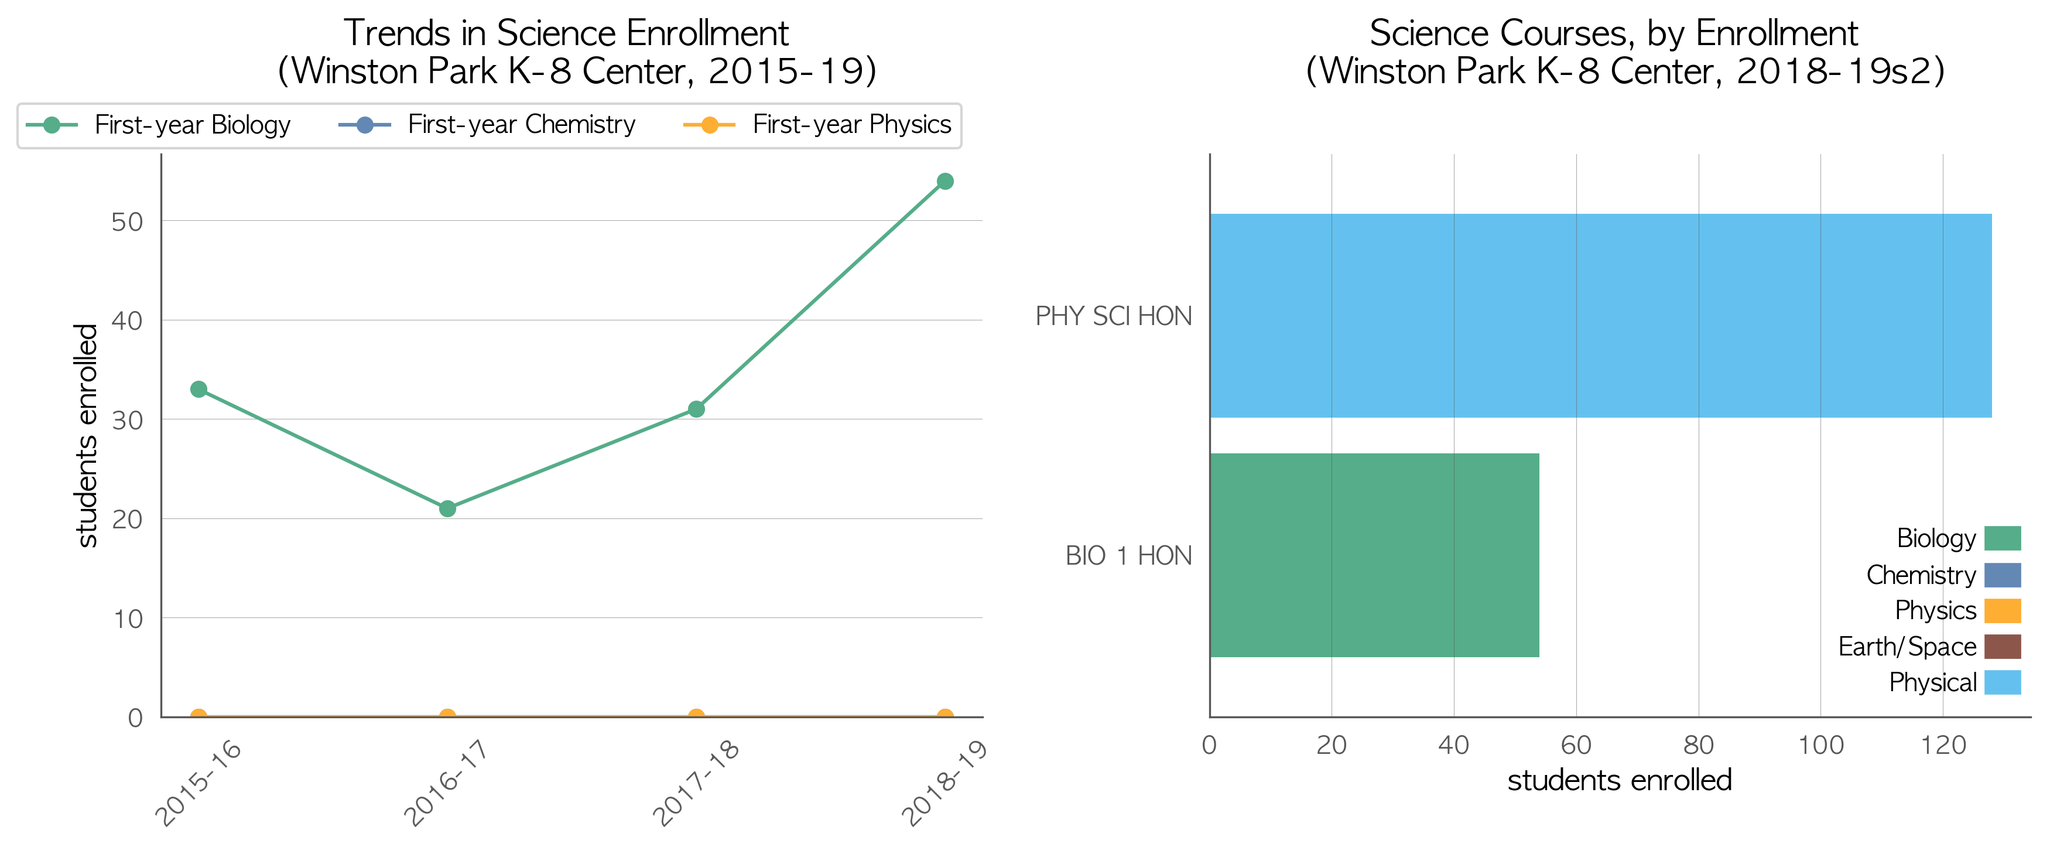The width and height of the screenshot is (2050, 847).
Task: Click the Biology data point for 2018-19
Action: [x=944, y=182]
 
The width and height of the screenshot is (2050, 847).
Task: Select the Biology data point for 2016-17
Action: [x=447, y=508]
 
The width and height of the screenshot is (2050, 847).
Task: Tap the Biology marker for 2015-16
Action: [x=199, y=390]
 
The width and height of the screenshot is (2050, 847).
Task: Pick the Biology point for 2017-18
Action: [x=696, y=409]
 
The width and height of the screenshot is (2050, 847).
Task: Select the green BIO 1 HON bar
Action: [x=1374, y=555]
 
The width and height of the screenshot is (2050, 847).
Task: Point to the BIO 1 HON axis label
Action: [x=1128, y=556]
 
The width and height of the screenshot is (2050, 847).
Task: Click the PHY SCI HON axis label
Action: [x=1113, y=316]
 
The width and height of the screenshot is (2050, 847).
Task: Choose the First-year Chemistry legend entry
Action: [x=487, y=125]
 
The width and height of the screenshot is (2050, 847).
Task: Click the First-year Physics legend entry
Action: [x=817, y=125]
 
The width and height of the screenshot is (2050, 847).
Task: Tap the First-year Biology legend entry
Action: [x=158, y=125]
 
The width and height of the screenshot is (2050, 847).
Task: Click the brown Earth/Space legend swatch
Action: [x=2002, y=647]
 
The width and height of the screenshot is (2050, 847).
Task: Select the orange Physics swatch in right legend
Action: [x=2002, y=610]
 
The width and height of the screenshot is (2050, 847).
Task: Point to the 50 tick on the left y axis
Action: [x=127, y=221]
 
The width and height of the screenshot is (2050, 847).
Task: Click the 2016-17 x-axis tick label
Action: [x=446, y=782]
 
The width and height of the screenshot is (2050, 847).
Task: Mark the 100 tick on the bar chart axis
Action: [x=1821, y=745]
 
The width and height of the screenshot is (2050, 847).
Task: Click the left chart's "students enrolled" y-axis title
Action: [x=86, y=435]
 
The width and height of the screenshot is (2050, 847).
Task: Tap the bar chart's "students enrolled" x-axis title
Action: [x=1620, y=780]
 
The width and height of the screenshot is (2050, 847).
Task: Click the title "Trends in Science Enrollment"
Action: [x=566, y=33]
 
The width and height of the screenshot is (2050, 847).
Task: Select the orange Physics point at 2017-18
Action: [x=696, y=716]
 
